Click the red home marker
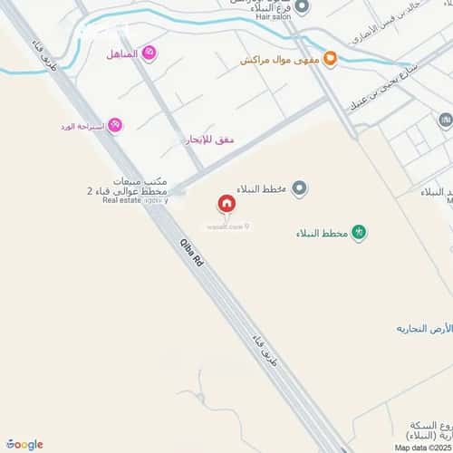[x=225, y=205]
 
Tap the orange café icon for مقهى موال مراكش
[x=331, y=60]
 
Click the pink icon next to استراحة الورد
[x=115, y=125]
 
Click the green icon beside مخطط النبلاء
[x=359, y=234]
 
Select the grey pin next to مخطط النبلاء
[x=300, y=188]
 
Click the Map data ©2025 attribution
[x=420, y=447]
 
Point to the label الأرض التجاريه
[x=423, y=327]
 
